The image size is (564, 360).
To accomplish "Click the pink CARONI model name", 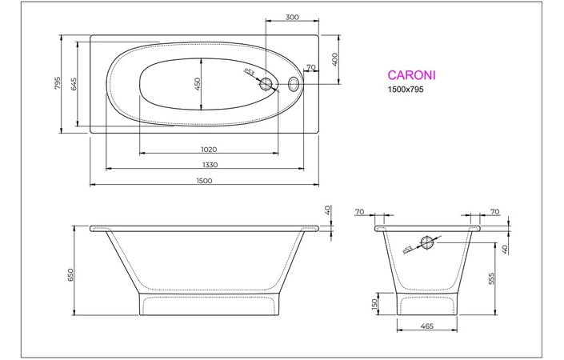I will [410, 75].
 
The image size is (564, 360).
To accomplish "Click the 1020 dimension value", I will [210, 149].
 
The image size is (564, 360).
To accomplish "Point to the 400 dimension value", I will [336, 58].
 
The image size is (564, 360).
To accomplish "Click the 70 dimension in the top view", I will [310, 67].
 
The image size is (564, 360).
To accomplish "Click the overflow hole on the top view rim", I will [294, 83].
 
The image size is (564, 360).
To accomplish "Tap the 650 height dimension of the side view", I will [72, 274].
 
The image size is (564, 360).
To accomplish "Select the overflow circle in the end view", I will [428, 241].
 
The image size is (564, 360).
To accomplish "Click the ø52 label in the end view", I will [407, 250].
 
